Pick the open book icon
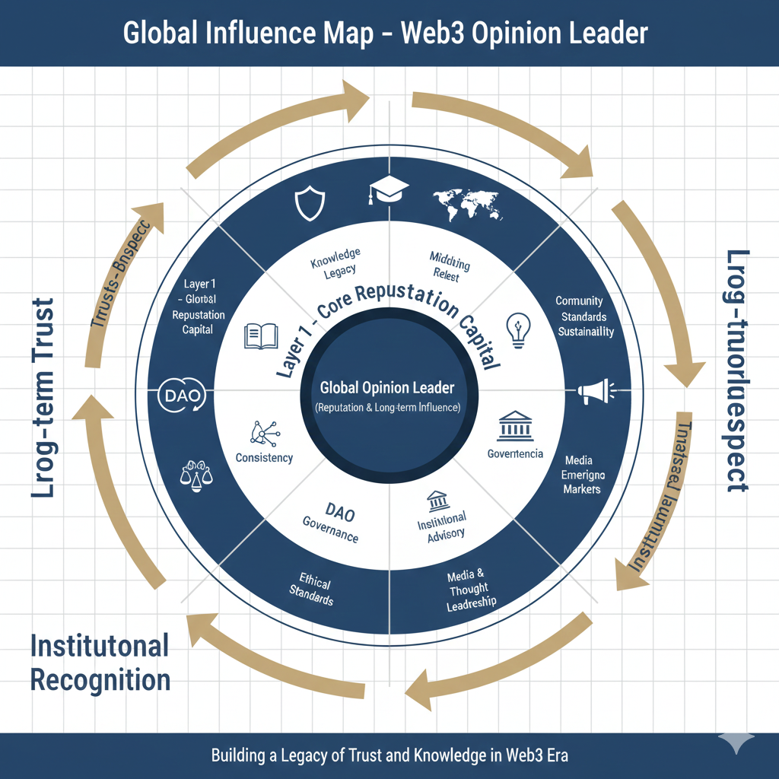260,336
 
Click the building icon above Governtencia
514,428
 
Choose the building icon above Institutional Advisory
437,502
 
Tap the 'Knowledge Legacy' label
335,262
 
